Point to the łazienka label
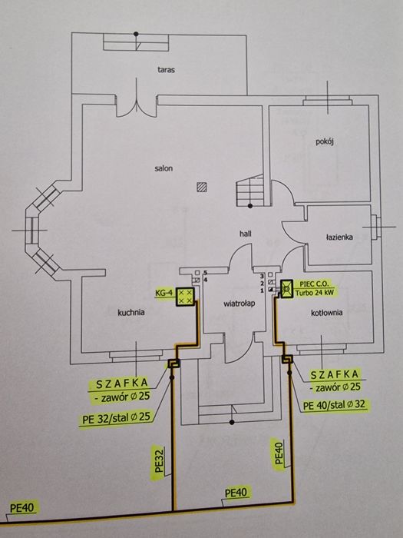(x=337, y=237)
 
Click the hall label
(x=245, y=231)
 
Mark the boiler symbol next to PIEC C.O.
(x=287, y=290)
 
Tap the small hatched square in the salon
(x=201, y=185)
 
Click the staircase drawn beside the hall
(x=250, y=191)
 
